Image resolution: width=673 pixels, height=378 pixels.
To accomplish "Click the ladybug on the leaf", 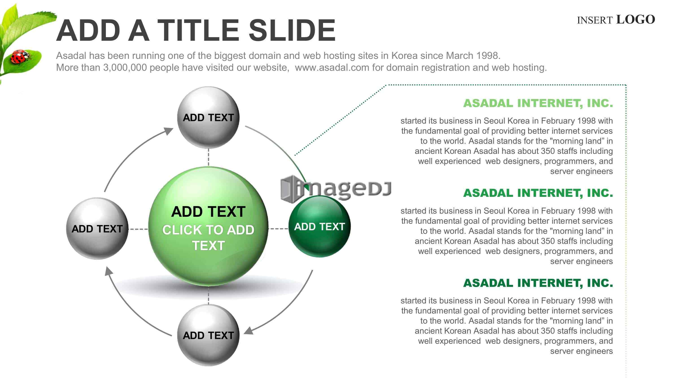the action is click(x=20, y=57).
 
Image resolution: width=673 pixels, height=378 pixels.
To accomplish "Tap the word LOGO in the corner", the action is click(x=635, y=19).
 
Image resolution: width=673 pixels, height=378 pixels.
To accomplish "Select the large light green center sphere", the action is click(x=208, y=226).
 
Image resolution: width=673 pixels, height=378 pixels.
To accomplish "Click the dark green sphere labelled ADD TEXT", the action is click(x=319, y=226).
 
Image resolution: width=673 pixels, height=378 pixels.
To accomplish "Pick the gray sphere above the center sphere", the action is click(x=208, y=118).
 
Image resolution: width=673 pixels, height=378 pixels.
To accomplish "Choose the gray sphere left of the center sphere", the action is click(x=97, y=228).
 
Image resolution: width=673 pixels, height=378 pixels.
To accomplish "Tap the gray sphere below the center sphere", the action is click(x=208, y=335).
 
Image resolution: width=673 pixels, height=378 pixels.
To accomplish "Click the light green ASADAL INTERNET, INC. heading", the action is click(x=538, y=103).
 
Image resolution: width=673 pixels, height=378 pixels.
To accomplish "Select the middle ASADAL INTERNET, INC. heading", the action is click(x=538, y=193).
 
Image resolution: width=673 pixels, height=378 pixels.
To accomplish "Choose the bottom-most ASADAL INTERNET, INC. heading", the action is click(x=538, y=283).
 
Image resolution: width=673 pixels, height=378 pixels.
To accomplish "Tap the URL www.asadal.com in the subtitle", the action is click(x=332, y=68).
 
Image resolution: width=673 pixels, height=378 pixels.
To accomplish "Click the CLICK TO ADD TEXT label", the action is click(x=208, y=238).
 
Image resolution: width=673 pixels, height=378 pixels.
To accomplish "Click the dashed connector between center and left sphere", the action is click(x=138, y=229).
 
